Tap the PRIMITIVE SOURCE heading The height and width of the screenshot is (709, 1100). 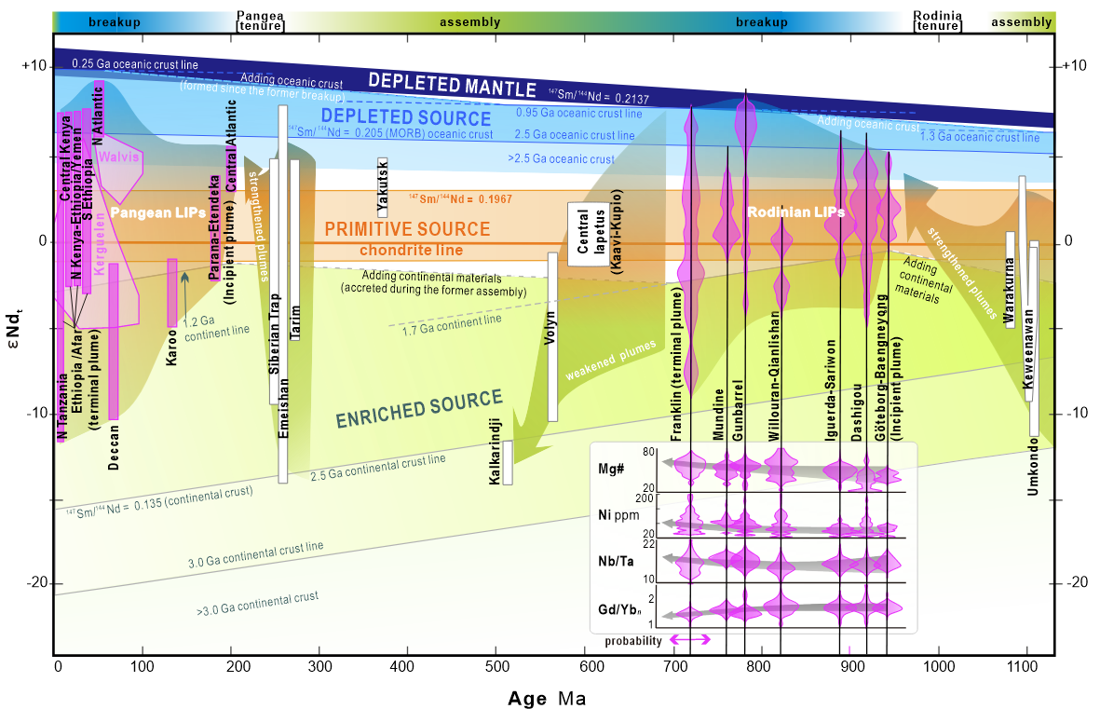(x=407, y=228)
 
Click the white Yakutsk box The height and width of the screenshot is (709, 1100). (x=383, y=187)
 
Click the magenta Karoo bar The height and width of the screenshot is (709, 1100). (x=172, y=293)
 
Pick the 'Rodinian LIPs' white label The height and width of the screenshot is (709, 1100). (x=794, y=213)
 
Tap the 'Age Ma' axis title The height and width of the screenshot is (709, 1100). (x=547, y=697)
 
